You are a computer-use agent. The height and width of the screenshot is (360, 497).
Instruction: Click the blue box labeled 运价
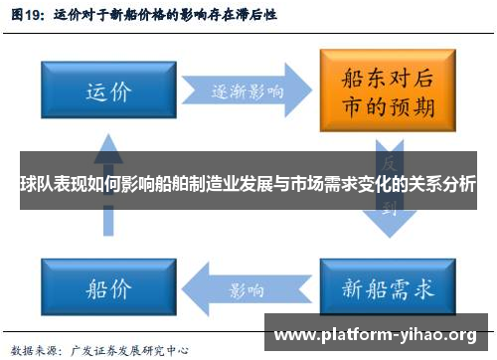point(107,92)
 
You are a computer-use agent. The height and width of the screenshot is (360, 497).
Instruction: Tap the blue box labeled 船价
point(108,289)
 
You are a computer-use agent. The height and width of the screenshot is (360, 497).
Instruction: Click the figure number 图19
point(27,16)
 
